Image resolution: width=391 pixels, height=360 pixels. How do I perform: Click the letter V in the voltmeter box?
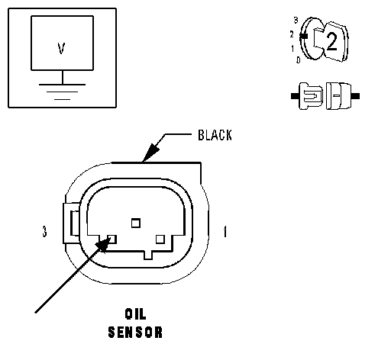click(61, 48)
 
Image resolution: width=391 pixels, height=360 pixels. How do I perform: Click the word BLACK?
click(215, 135)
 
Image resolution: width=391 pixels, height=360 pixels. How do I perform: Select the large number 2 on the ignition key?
click(331, 41)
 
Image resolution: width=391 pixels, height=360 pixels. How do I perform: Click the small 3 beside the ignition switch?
click(296, 20)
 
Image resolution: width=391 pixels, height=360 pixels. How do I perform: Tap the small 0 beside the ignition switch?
click(299, 60)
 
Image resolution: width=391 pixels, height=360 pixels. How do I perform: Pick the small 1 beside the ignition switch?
click(292, 48)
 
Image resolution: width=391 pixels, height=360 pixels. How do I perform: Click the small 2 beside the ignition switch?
click(292, 34)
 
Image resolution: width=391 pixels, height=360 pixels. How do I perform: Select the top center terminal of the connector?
click(136, 223)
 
